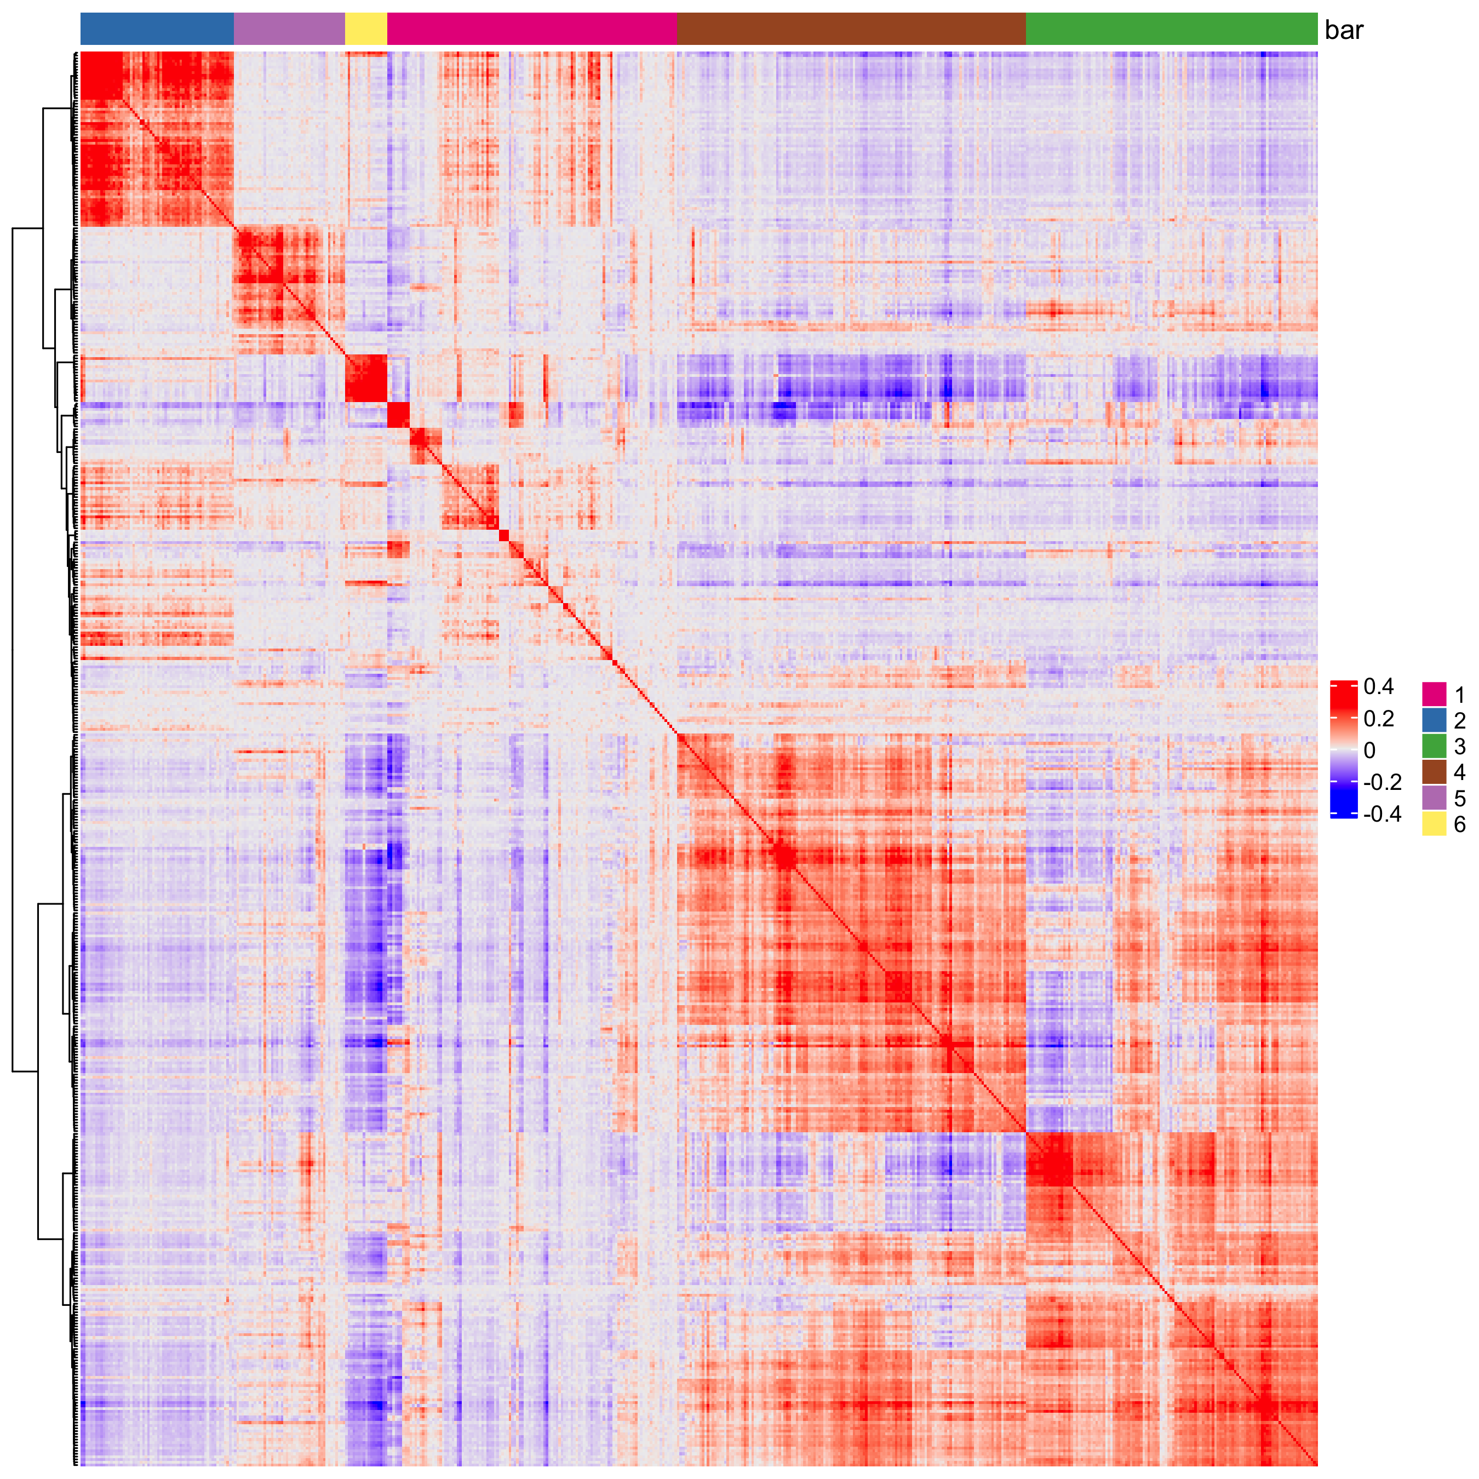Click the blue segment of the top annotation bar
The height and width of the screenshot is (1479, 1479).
point(157,29)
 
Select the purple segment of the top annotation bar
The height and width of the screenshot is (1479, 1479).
point(289,29)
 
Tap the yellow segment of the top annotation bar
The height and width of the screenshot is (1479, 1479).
point(366,29)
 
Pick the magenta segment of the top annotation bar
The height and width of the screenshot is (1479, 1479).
point(532,29)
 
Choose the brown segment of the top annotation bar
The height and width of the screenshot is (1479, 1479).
point(851,29)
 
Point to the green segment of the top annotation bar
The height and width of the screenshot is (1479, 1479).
point(1171,29)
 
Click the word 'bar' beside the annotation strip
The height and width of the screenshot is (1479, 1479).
point(1344,31)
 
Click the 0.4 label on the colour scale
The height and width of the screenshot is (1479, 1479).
point(1379,687)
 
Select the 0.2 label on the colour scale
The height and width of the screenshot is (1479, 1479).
point(1379,719)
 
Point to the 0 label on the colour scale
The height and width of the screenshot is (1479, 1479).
point(1369,750)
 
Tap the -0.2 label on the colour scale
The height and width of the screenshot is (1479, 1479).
point(1382,782)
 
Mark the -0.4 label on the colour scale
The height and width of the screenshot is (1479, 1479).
point(1382,814)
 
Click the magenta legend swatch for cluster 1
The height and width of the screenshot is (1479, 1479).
point(1434,695)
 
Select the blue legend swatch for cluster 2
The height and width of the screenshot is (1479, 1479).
point(1434,720)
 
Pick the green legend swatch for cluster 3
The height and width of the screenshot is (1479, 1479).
point(1434,747)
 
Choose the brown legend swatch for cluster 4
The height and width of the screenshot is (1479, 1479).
point(1434,772)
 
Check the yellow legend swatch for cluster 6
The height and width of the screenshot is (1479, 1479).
point(1434,824)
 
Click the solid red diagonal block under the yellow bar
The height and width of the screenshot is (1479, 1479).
point(366,378)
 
